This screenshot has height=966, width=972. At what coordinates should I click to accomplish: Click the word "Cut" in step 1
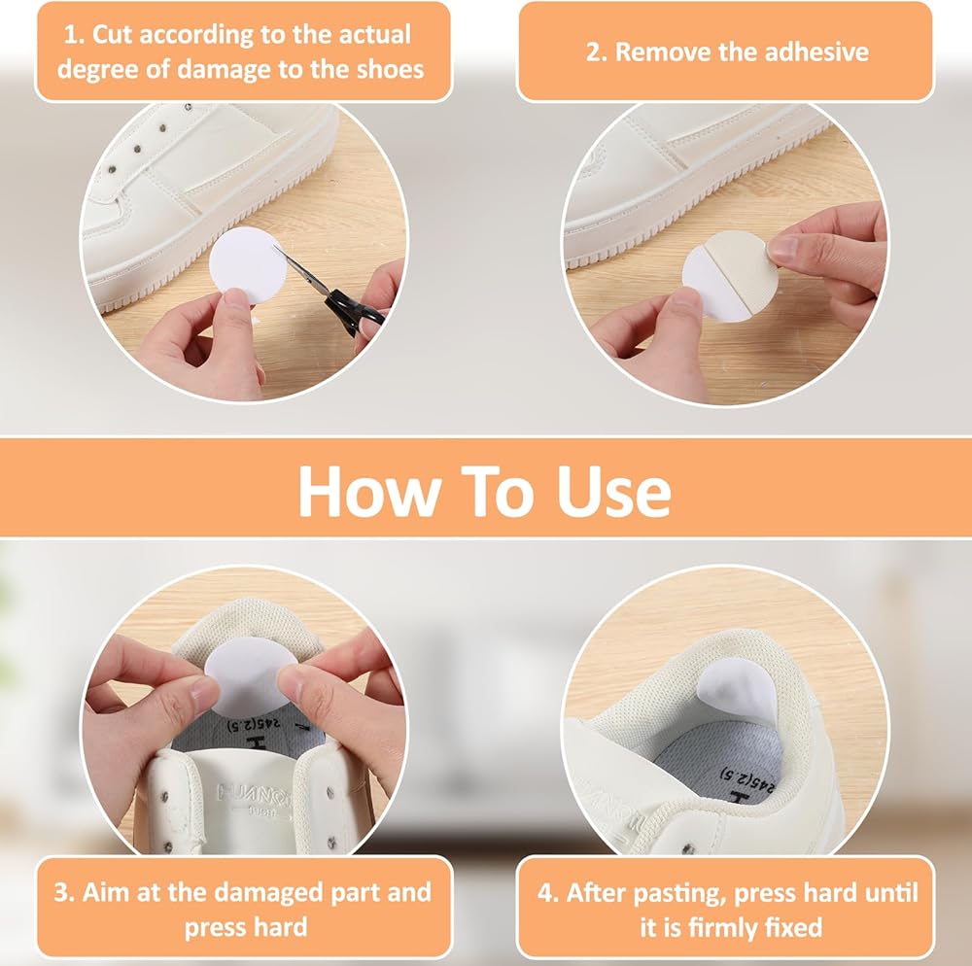112,35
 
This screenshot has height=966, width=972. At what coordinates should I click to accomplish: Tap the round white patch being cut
247,264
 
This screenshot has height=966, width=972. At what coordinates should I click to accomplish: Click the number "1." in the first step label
75,35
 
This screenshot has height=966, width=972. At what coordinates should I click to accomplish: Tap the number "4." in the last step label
548,893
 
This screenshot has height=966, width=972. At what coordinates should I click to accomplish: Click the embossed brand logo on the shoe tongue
253,796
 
